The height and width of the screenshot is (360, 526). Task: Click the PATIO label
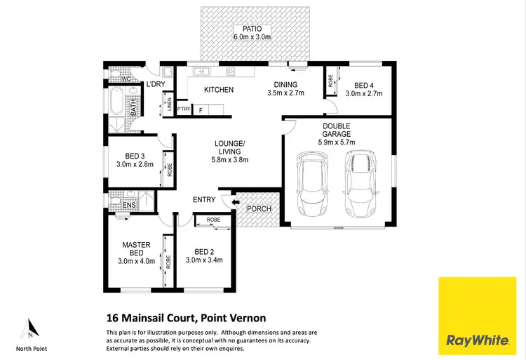click(254, 29)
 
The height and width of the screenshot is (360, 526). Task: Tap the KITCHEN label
click(218, 90)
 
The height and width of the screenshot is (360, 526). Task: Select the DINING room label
click(285, 84)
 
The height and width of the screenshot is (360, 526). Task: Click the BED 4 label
click(362, 84)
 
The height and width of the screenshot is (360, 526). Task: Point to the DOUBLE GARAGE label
click(337, 133)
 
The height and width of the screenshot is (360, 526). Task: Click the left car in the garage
click(311, 185)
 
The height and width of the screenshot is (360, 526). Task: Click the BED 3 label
click(134, 156)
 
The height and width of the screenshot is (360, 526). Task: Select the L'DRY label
click(154, 85)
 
